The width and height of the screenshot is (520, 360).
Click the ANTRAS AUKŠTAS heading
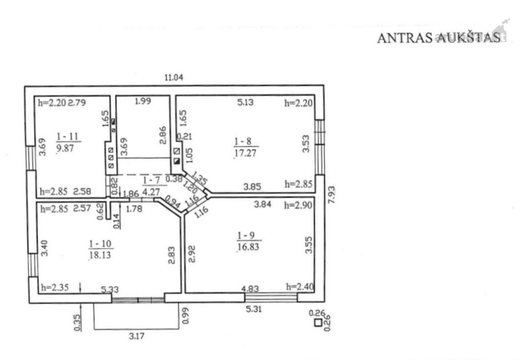tap(439, 38)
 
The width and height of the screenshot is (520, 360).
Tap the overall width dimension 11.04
tap(174, 77)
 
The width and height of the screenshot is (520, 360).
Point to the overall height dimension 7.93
tap(332, 194)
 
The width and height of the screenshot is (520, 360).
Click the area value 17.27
tap(245, 153)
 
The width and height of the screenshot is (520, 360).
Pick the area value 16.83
tap(248, 247)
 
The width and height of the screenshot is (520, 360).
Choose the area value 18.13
tap(100, 255)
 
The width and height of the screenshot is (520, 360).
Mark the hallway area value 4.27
tap(151, 192)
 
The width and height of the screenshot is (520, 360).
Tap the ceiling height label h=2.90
tap(298, 206)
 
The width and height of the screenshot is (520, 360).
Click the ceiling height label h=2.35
tap(55, 288)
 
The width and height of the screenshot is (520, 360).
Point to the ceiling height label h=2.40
tap(300, 287)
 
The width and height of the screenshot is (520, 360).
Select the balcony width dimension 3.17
tap(136, 336)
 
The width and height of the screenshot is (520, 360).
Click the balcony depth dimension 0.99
tap(185, 316)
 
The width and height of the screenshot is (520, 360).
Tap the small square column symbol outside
tap(318, 323)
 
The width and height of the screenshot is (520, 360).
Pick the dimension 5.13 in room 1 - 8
tap(245, 102)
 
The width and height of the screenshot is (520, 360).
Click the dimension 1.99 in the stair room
tap(143, 101)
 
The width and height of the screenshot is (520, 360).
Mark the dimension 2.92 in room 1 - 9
tap(192, 254)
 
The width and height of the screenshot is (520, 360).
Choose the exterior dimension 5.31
tap(254, 309)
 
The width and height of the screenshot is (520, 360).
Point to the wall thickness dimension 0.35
tap(77, 323)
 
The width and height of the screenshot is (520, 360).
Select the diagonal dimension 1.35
tap(200, 177)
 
